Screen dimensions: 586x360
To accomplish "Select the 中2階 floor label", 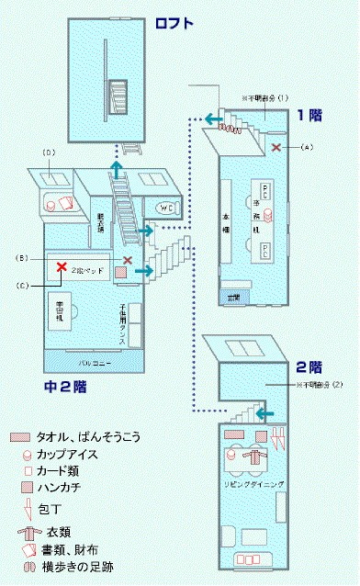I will pyautogui.click(x=64, y=387).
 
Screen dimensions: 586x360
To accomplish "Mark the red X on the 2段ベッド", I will pyautogui.click(x=61, y=267).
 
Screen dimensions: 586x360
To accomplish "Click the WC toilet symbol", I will pyautogui.click(x=168, y=208).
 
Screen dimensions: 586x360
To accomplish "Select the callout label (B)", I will pyautogui.click(x=20, y=256).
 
